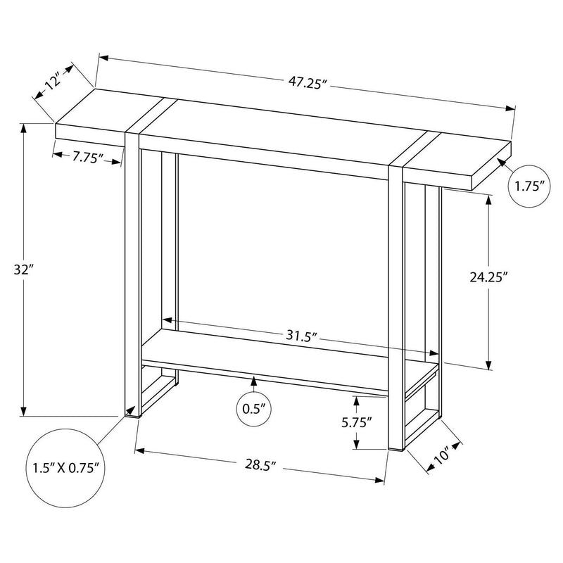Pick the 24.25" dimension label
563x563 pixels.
click(x=489, y=277)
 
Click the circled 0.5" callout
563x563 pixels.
click(x=254, y=409)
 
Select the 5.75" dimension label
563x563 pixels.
click(x=358, y=422)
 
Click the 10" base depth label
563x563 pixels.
click(x=441, y=457)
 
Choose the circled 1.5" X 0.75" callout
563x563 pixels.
click(x=64, y=467)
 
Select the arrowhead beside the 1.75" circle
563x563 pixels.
click(x=502, y=163)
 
